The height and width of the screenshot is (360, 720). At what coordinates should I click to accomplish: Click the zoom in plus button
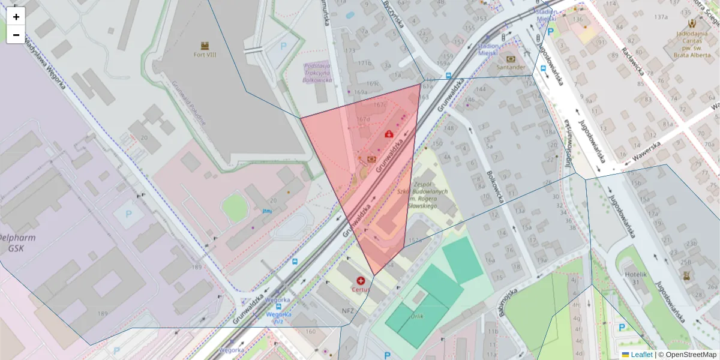[16, 17]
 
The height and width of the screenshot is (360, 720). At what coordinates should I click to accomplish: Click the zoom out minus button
[16, 35]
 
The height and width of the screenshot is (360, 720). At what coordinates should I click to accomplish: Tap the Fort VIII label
[205, 55]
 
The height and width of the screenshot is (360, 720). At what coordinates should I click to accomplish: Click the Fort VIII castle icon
[205, 45]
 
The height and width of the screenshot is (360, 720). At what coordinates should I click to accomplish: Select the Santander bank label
[511, 67]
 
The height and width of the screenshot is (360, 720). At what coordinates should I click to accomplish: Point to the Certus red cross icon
[361, 280]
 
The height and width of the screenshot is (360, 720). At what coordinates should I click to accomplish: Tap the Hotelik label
[635, 274]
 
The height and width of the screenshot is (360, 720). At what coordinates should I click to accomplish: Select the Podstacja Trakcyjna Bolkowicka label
[317, 72]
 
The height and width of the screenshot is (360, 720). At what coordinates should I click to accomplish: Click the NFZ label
[348, 310]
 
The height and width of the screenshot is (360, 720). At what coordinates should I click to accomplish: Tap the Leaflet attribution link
[641, 355]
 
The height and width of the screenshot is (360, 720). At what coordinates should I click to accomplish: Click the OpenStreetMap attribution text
[691, 355]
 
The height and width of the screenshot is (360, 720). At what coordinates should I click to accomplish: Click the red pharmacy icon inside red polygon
[389, 134]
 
